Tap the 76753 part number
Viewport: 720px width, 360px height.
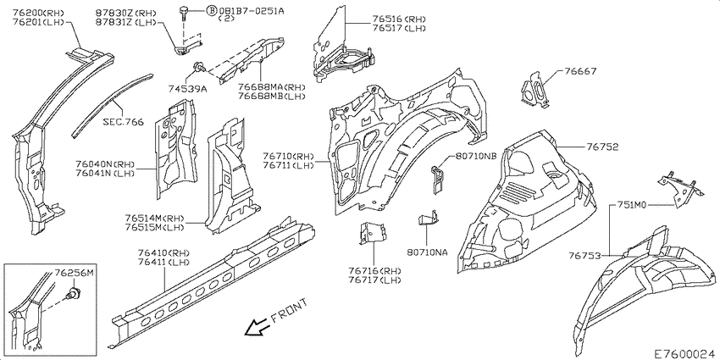(584, 255)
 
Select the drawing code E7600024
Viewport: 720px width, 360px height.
(684, 351)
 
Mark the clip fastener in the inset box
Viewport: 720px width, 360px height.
(74, 294)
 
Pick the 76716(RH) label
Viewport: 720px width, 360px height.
(372, 271)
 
